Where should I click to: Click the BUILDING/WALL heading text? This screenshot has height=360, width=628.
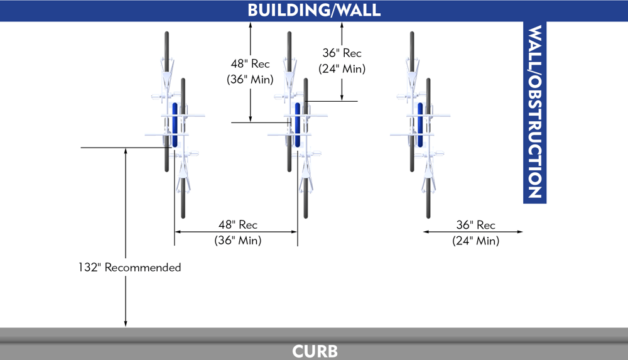[314, 11]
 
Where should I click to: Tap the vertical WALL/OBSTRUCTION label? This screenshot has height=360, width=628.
[534, 112]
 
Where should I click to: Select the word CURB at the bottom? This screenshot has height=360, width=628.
[315, 351]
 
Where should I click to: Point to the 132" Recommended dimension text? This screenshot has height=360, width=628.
[130, 268]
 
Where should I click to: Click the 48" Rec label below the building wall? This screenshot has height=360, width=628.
[251, 64]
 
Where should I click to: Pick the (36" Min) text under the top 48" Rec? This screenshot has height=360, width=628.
[249, 80]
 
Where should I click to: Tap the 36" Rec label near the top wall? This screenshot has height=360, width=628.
[342, 53]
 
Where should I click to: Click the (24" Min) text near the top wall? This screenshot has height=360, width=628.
[342, 69]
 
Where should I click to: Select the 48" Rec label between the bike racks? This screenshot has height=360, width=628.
[238, 225]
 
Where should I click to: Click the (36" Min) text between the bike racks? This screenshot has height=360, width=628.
[238, 241]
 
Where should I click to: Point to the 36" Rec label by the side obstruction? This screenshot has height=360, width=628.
[475, 225]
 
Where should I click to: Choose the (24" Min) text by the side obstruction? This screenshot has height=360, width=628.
[475, 241]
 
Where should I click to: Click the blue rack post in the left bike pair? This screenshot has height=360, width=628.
[175, 124]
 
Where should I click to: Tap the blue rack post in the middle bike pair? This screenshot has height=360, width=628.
[298, 124]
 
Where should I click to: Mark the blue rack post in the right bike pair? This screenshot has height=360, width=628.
[420, 124]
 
